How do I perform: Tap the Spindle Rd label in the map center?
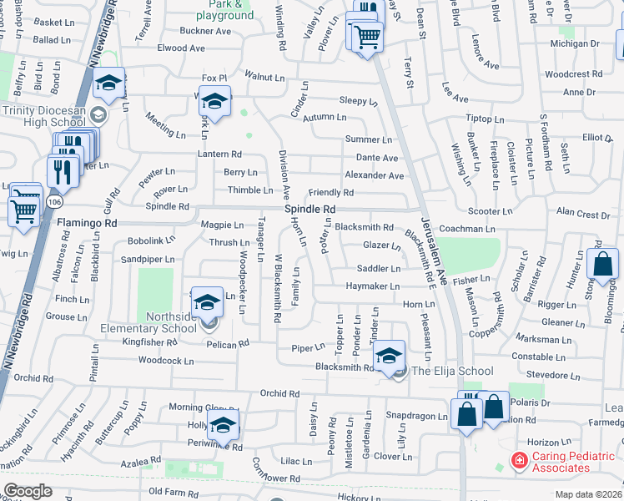[x=309, y=209]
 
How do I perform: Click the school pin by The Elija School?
[x=389, y=357]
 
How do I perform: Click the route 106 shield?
[x=55, y=202]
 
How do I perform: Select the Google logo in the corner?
[x=28, y=491]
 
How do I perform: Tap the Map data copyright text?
[x=589, y=493]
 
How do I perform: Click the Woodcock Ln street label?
[x=165, y=361]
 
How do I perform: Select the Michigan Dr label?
[x=575, y=43]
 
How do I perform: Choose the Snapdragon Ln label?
[x=416, y=415]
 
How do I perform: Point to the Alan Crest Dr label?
[x=582, y=215]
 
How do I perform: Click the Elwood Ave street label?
[x=181, y=48]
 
